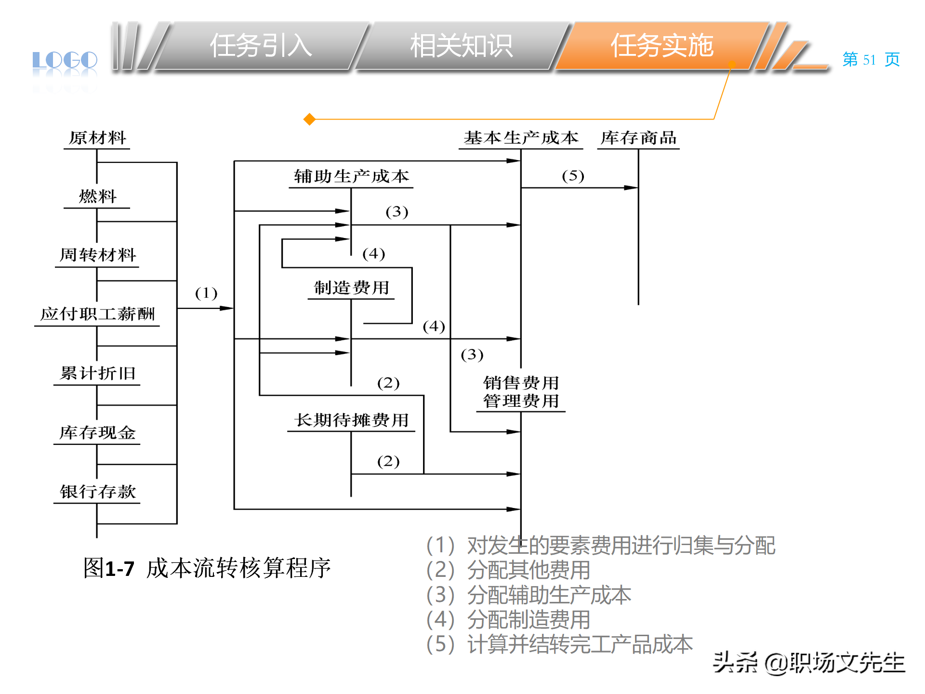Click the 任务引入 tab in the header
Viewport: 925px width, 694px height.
261,46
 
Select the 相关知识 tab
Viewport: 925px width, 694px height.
461,46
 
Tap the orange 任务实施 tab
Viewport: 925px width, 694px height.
662,46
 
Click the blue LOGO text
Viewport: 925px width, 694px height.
65,60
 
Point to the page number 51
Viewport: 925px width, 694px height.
869,60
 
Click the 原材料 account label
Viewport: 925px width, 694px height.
97,138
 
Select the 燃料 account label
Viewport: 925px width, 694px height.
97,197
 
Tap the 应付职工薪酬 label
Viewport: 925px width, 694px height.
97,314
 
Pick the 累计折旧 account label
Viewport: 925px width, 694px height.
97,374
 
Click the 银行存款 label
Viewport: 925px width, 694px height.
97,492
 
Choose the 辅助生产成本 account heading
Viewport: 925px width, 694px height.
351,176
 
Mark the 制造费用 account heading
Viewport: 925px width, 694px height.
351,288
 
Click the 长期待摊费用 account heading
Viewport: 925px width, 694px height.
351,420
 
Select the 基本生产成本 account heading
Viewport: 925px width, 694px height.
521,138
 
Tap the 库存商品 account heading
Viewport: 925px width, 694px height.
638,138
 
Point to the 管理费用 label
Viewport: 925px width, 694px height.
521,401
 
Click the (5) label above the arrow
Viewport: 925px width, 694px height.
573,176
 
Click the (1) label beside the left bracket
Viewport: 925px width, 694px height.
206,293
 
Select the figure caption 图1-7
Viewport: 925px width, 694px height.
109,568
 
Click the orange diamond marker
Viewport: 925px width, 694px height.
309,119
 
